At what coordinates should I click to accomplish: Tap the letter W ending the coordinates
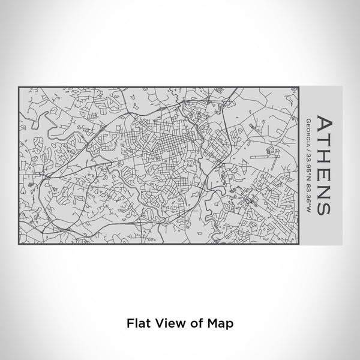307,211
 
